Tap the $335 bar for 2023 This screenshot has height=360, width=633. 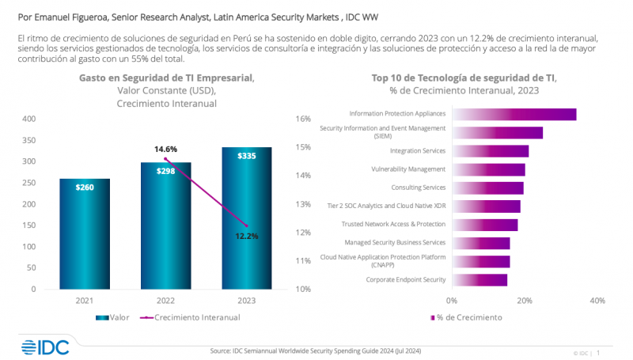(x=246, y=218)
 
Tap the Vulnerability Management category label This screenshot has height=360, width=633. (x=408, y=169)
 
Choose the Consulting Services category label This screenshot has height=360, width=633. (x=419, y=188)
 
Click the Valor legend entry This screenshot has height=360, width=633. (x=115, y=317)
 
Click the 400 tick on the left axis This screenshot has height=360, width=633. (x=29, y=119)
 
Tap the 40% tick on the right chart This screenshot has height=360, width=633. (x=597, y=301)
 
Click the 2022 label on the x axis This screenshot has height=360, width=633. (x=165, y=301)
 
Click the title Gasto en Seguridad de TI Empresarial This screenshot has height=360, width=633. (x=165, y=78)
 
